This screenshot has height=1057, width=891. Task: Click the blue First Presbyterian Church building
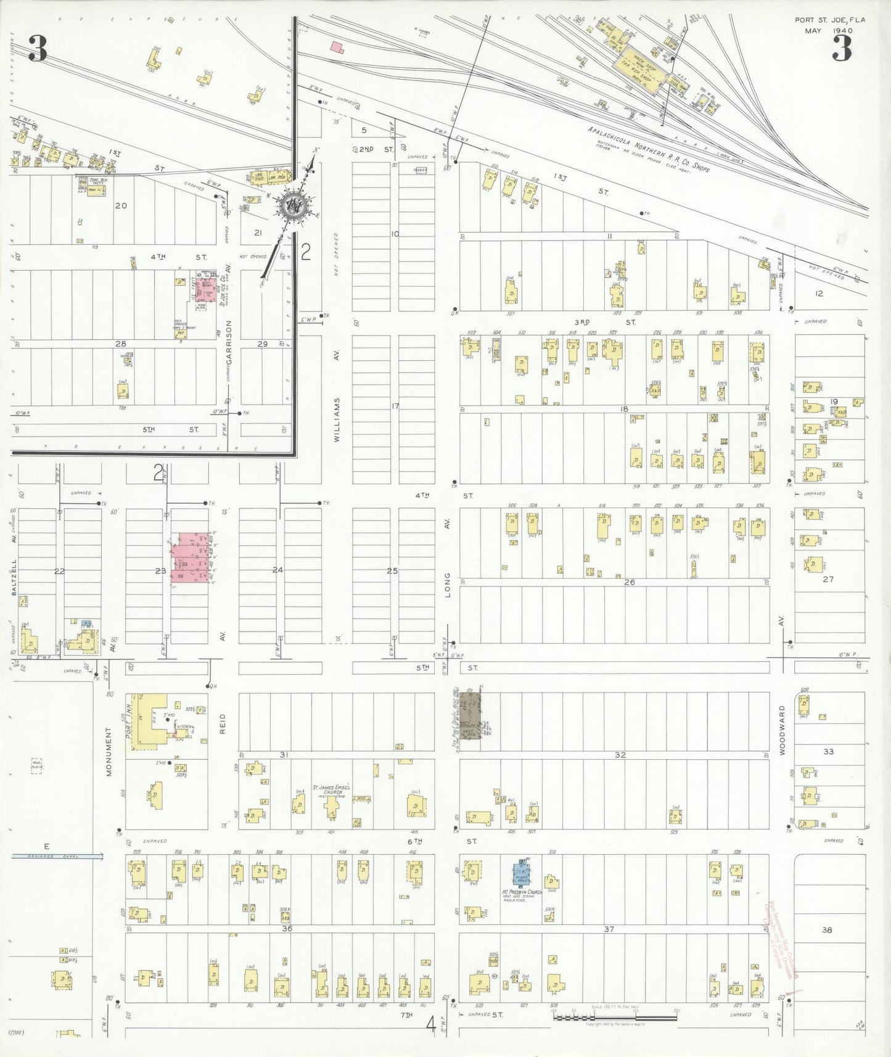tap(522, 873)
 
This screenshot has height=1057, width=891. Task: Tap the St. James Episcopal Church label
tap(332, 789)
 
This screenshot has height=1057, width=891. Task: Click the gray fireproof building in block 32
tap(471, 720)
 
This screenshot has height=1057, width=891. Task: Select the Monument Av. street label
tap(109, 751)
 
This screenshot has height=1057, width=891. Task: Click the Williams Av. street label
tap(337, 419)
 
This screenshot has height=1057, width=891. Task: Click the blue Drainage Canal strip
tap(57, 857)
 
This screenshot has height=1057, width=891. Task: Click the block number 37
tap(609, 929)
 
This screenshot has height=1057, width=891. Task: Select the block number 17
tap(395, 406)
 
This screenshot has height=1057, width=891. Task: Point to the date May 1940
tap(832, 30)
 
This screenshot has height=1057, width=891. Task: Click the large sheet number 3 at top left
tap(37, 49)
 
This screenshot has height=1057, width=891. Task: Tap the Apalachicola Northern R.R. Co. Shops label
tap(647, 150)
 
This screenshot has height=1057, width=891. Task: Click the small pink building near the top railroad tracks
tap(337, 47)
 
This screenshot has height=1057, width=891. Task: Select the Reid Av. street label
tap(223, 723)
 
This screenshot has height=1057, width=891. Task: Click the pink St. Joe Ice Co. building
tap(206, 289)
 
